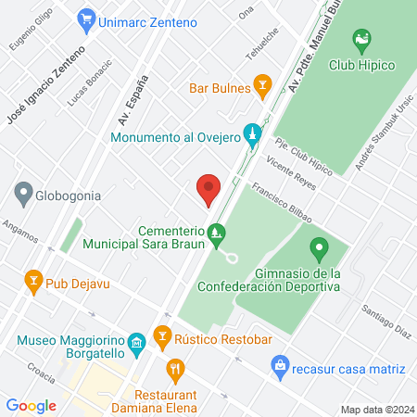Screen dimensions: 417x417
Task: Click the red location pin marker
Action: click(x=208, y=190)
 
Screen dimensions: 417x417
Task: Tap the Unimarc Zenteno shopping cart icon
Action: click(x=88, y=18)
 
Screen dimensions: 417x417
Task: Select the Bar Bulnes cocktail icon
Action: click(x=263, y=87)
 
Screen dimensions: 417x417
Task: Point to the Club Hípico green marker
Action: click(x=361, y=40)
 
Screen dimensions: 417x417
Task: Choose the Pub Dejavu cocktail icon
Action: click(x=33, y=280)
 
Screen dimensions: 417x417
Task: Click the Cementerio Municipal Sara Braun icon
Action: click(x=217, y=232)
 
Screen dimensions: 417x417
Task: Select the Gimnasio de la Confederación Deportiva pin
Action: click(x=320, y=248)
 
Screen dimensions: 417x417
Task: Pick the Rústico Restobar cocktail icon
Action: click(x=163, y=337)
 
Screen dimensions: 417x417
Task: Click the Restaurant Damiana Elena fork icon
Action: click(x=173, y=371)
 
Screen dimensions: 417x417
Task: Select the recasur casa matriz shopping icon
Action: click(x=279, y=368)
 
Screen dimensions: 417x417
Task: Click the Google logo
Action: click(x=32, y=405)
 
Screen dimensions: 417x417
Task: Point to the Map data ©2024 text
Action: click(x=376, y=410)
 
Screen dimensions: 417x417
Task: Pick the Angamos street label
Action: click(x=19, y=229)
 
